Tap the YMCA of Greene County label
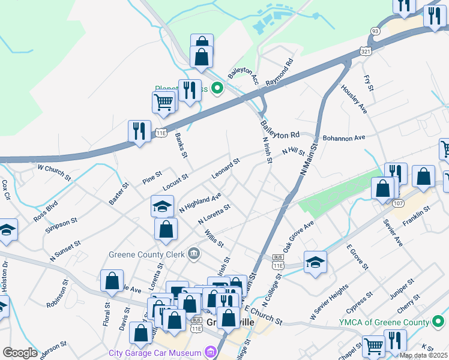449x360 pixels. (x=382, y=322)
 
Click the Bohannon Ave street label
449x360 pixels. (x=344, y=137)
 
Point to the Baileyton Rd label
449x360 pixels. (x=280, y=128)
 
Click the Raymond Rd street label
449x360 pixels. (x=280, y=70)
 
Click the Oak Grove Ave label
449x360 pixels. (x=299, y=235)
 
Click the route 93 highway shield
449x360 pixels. (x=375, y=31)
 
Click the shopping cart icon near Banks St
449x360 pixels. (x=163, y=102)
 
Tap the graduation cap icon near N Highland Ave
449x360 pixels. (x=162, y=206)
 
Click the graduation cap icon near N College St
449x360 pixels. (x=315, y=262)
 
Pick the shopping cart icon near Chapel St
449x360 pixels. (x=373, y=346)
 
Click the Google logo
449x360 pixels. (x=20, y=352)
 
